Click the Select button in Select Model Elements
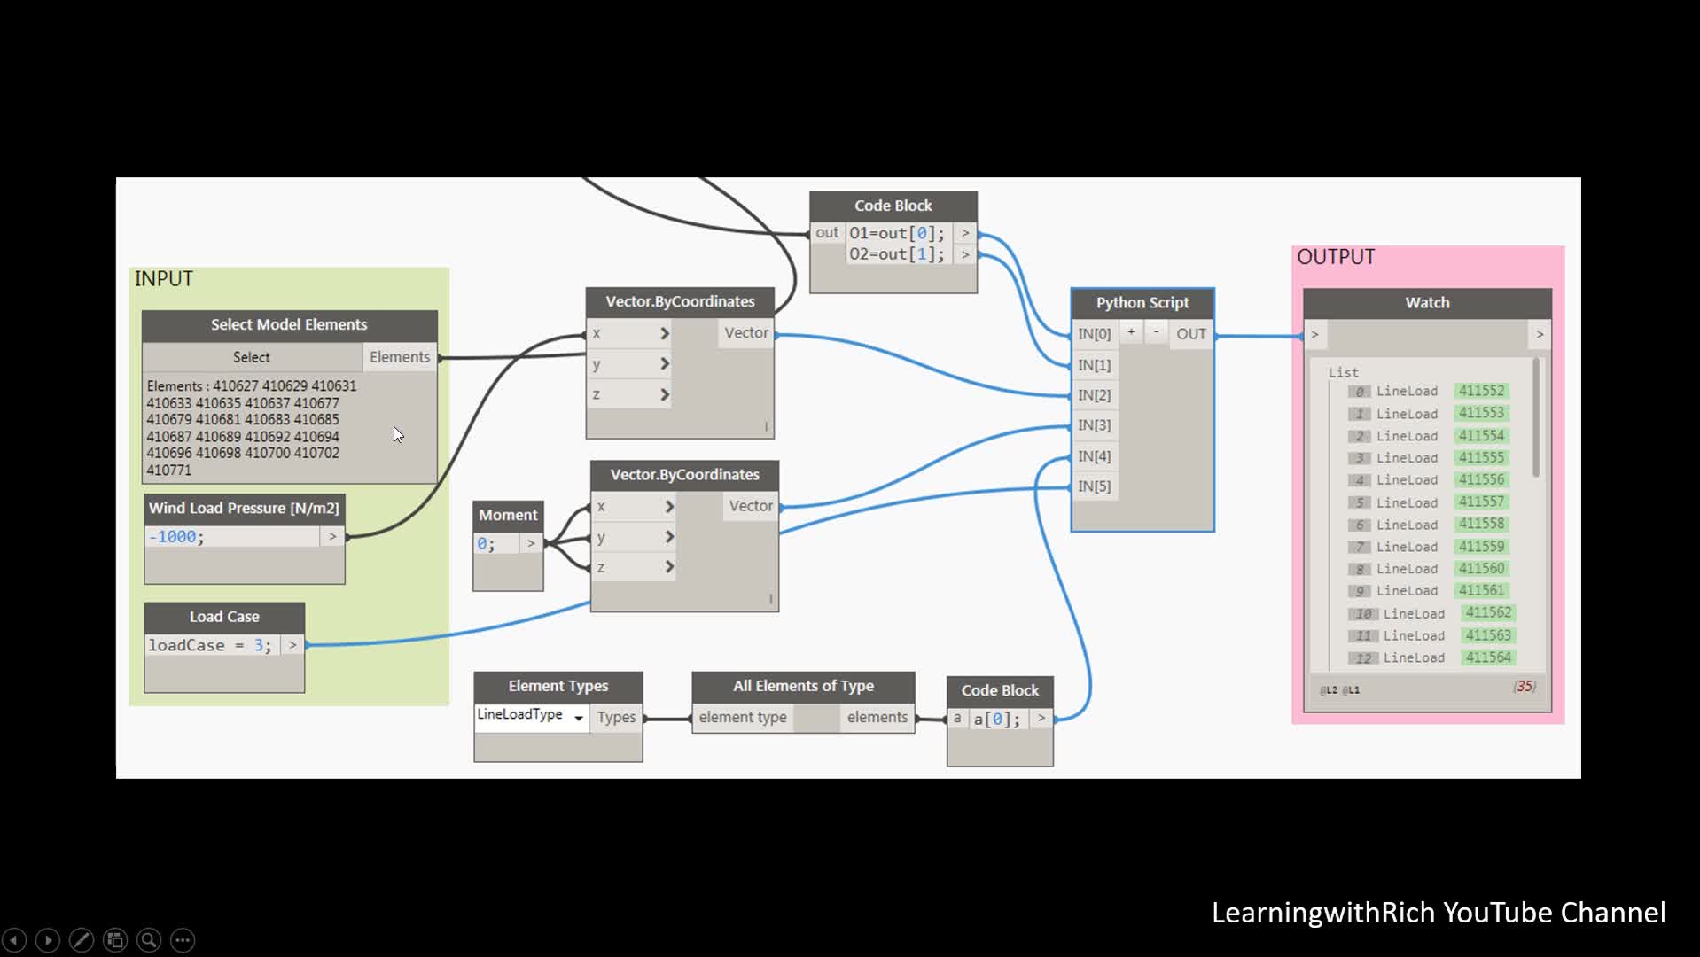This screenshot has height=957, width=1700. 251,357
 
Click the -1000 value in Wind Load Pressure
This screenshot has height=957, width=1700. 175,537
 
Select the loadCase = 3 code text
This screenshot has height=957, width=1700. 209,646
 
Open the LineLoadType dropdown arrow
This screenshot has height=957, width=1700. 579,718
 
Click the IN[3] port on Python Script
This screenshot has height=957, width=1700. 1094,425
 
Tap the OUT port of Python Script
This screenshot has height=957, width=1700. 1190,334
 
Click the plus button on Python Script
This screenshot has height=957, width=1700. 1131,332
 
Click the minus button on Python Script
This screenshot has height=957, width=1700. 1156,332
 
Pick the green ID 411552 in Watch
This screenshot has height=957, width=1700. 1481,391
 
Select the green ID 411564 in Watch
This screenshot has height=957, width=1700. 1487,657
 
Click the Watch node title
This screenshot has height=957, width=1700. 1427,303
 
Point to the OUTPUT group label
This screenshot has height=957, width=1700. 1336,257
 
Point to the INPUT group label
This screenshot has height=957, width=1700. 164,279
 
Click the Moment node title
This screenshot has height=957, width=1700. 508,515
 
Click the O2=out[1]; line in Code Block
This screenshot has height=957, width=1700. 896,254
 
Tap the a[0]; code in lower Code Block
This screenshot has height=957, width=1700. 996,720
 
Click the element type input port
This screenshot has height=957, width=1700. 742,718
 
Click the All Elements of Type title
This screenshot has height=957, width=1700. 803,686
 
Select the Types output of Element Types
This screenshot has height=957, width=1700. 616,718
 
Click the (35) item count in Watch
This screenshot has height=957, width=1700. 1524,687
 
